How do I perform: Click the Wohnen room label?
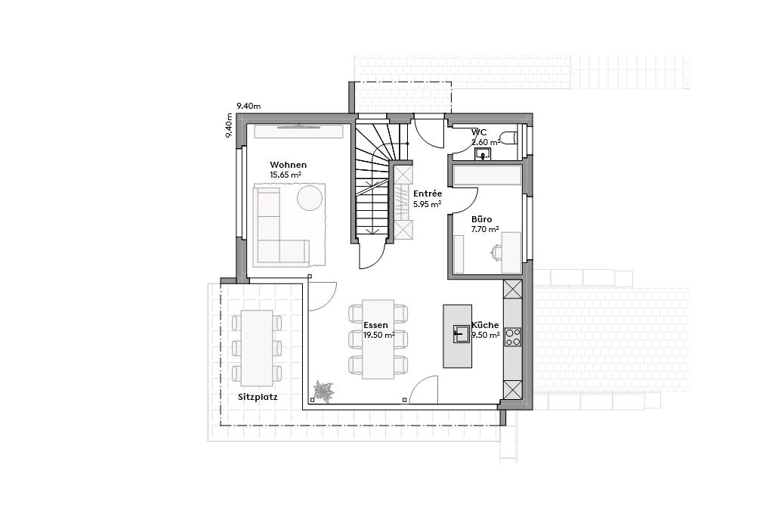(288, 165)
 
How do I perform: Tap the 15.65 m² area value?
(286, 175)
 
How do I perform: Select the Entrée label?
(427, 194)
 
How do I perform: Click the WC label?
(479, 132)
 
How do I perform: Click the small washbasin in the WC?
(483, 154)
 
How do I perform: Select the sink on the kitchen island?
(462, 333)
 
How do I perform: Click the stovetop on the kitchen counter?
(513, 337)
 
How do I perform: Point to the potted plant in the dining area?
(324, 392)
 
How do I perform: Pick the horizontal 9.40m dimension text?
(248, 106)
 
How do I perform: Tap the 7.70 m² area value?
(484, 229)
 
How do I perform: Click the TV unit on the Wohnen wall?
(298, 131)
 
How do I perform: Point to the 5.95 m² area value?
(427, 204)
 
